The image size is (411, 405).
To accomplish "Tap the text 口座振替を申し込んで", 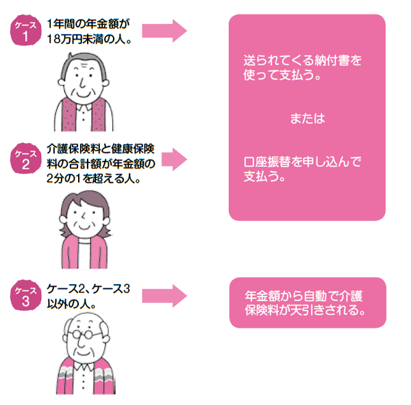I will [302, 163].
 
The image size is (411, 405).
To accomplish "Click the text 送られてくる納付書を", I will [302, 60].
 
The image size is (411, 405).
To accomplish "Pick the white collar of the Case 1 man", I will [83, 108].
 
